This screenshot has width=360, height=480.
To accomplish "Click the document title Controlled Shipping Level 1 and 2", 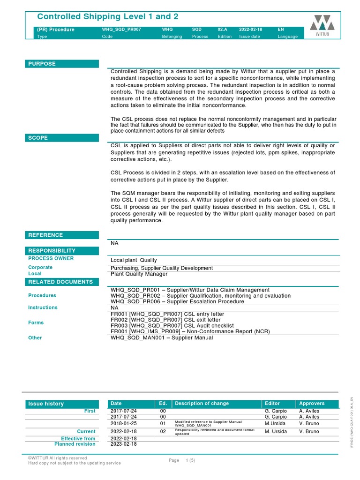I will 107,17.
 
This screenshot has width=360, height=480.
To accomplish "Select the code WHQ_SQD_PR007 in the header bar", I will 121,30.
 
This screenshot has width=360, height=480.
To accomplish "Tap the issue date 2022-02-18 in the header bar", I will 250,30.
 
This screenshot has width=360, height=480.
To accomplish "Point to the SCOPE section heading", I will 38,138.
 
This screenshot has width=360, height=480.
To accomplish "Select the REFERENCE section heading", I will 45,235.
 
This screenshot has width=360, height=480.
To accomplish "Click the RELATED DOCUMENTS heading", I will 60,282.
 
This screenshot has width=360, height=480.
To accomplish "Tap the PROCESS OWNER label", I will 51,258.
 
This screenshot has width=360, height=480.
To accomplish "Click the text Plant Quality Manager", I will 139,274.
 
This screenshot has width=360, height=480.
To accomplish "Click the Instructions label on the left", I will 43,307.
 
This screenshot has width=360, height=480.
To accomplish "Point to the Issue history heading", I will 46,404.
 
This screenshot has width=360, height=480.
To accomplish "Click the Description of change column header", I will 202,404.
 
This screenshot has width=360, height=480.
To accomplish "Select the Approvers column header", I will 312,404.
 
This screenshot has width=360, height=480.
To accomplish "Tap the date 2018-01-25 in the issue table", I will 124,423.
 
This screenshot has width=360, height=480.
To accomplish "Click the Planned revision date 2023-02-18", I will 124,444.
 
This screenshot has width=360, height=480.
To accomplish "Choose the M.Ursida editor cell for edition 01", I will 275,423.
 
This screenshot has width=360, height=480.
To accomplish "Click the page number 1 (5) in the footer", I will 190,460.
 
